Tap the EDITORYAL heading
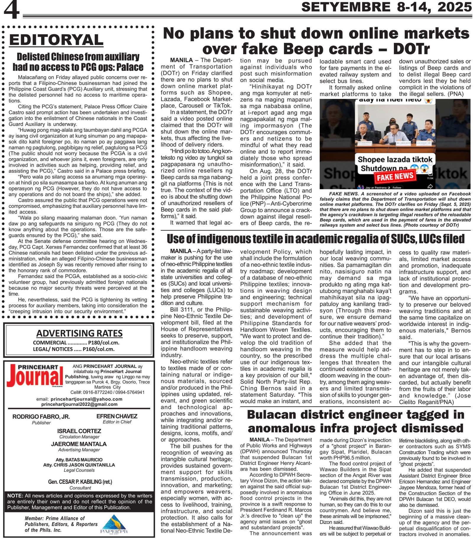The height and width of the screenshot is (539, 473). click(56, 40)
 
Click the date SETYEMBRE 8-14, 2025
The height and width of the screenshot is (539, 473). click(386, 7)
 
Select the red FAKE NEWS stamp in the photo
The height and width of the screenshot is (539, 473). click(395, 177)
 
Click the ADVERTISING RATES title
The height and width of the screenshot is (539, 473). click(79, 333)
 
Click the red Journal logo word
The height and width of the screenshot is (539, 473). click(35, 378)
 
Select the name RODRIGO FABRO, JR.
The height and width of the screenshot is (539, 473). click(41, 416)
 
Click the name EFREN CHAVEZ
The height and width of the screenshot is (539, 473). click(117, 416)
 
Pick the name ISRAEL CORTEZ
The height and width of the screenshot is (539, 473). click(79, 431)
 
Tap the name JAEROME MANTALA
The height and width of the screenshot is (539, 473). click(79, 444)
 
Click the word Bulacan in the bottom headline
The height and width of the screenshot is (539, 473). click(276, 415)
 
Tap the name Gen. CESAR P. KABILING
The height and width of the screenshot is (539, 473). click(80, 482)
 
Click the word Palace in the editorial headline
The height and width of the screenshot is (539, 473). click(129, 67)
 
